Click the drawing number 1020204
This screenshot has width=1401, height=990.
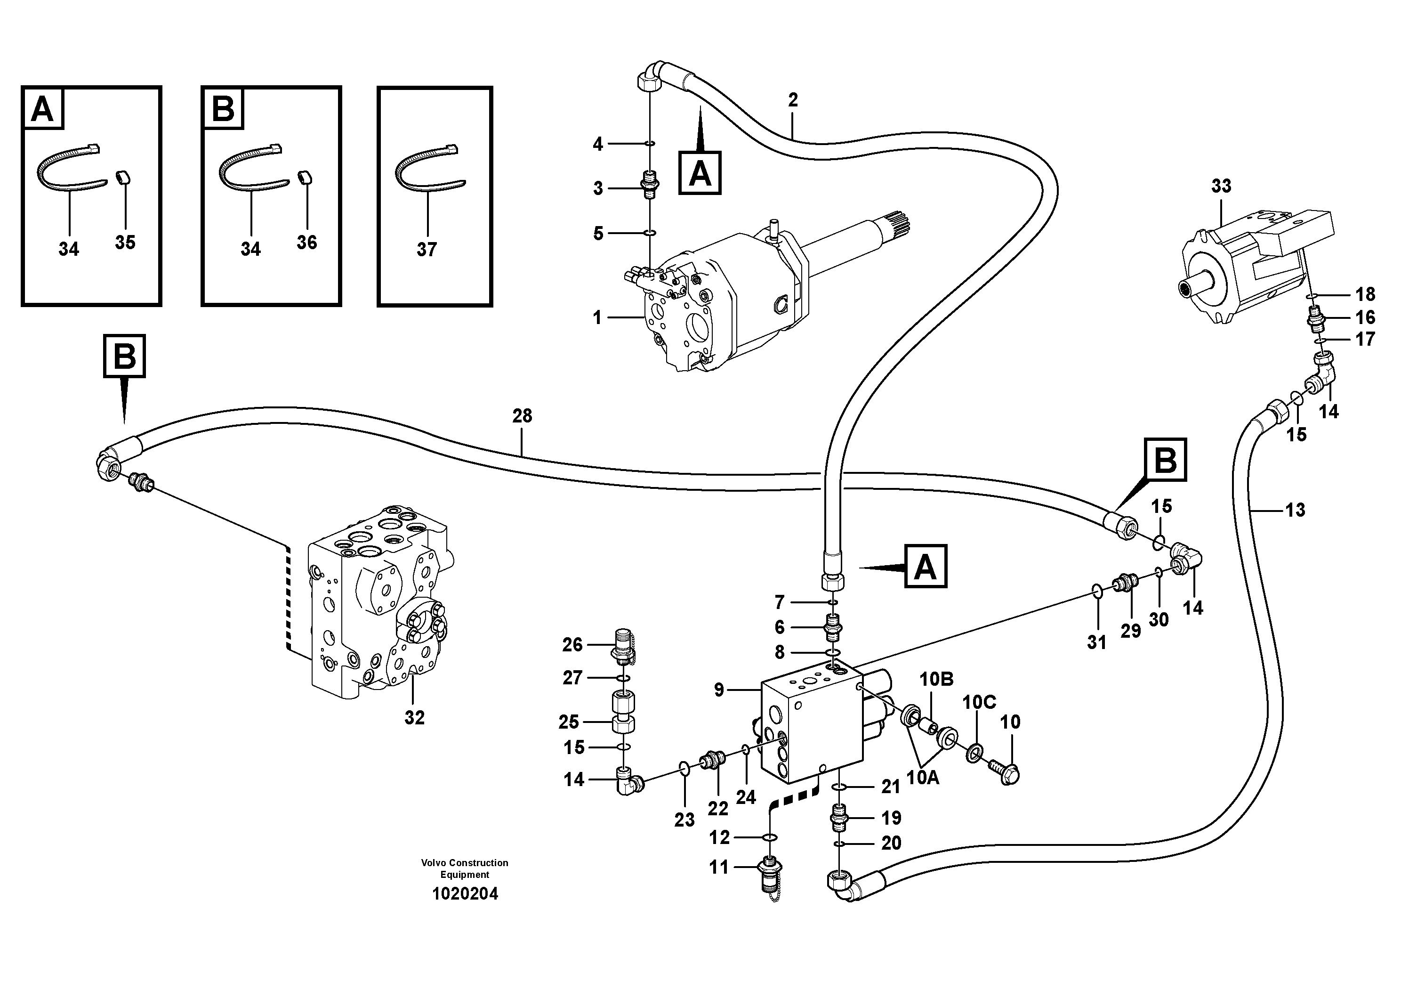coord(465,894)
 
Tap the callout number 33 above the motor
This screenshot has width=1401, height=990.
coord(1221,186)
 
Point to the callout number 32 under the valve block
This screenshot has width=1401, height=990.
coord(414,718)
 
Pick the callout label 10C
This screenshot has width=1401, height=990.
coord(979,703)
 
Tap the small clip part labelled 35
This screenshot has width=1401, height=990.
coord(124,178)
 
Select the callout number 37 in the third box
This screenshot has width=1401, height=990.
coord(427,249)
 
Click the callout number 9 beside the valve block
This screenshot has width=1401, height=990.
coord(719,690)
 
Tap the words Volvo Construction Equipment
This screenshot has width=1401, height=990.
coord(464,868)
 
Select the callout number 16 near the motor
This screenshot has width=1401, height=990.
coord(1365,317)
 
